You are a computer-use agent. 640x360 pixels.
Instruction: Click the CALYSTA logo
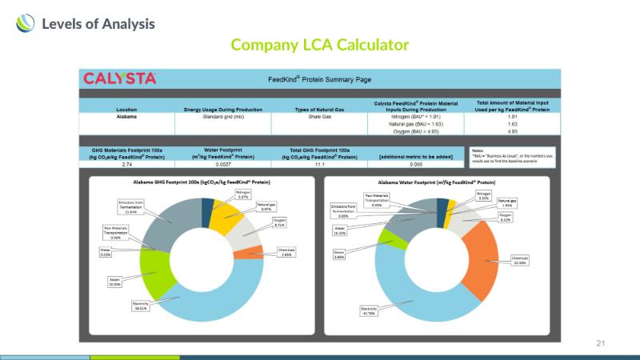click(x=120, y=78)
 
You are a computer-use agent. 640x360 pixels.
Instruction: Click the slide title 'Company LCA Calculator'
click(x=319, y=45)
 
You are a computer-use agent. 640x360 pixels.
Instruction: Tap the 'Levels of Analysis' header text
click(x=98, y=24)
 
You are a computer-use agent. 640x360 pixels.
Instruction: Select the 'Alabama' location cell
click(x=126, y=117)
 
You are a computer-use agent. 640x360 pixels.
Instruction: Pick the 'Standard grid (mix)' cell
click(x=222, y=117)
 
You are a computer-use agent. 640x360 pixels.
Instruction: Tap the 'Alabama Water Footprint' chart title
click(x=443, y=182)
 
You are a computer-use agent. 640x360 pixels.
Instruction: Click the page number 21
click(x=601, y=342)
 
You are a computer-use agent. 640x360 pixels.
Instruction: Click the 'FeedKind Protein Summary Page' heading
click(x=319, y=79)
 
